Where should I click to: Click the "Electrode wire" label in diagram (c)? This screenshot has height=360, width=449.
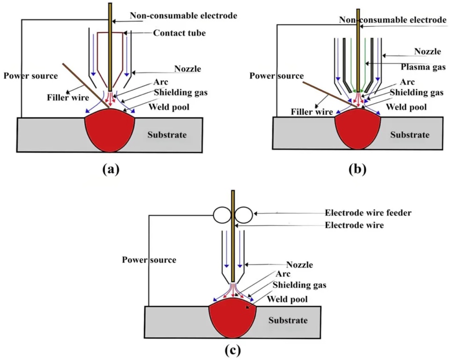[354, 225]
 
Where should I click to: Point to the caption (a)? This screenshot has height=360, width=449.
[111, 169]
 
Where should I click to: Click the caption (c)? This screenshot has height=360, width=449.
[232, 349]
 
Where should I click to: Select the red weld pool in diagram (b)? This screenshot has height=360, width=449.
[358, 129]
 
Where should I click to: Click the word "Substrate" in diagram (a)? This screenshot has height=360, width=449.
[167, 135]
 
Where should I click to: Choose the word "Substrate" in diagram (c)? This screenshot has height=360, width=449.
[288, 321]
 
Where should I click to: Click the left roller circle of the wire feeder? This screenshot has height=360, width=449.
[223, 215]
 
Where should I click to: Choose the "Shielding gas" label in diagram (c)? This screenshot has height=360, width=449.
[300, 285]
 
